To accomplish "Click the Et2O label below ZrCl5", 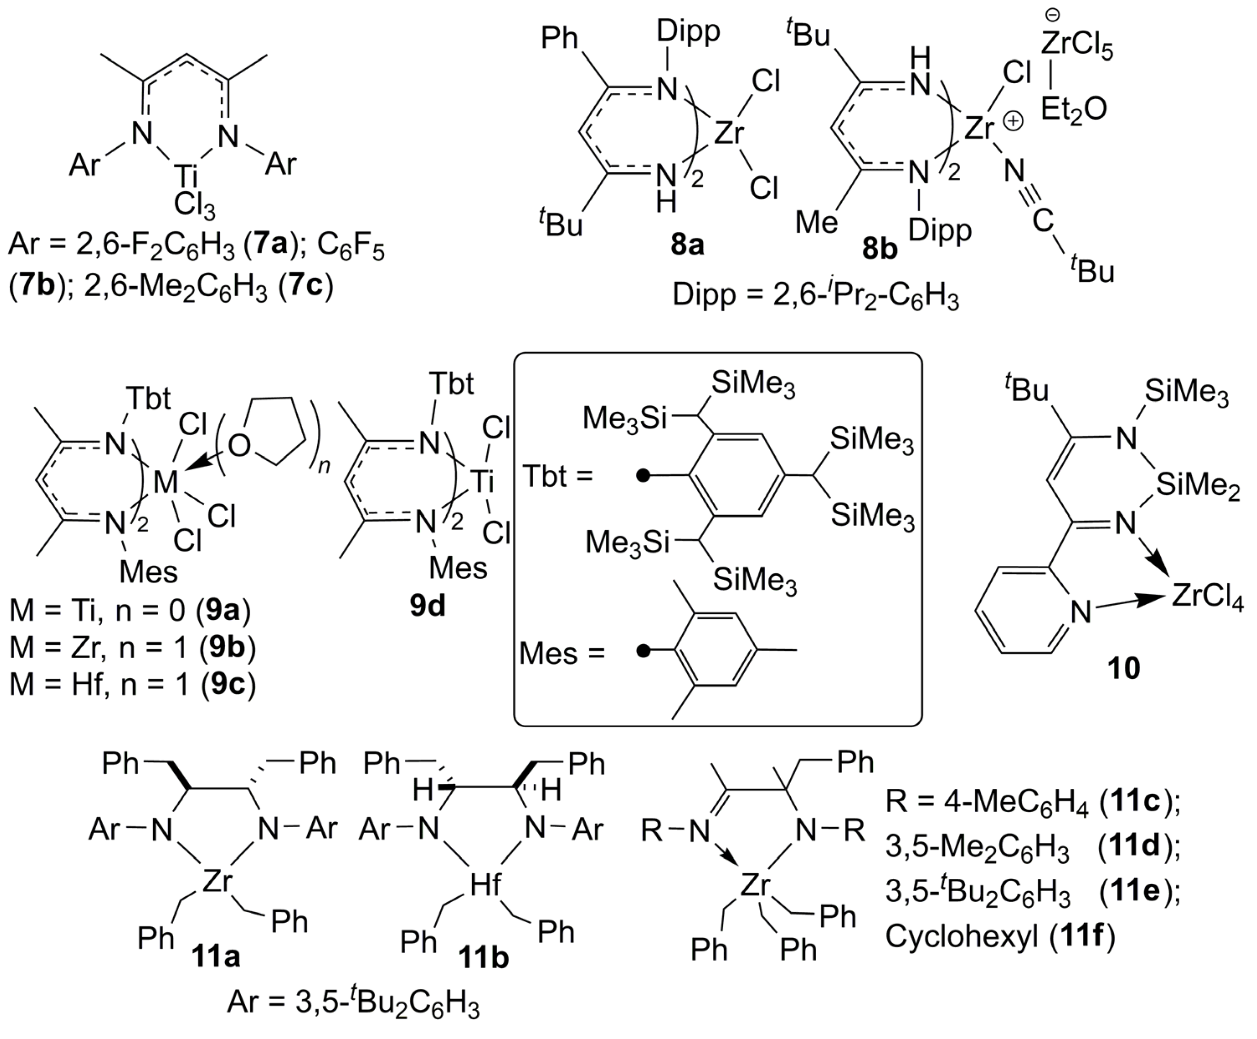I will pyautogui.click(x=1074, y=110).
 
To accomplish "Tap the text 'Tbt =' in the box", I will pyautogui.click(x=558, y=477).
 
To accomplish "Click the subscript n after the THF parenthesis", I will pyautogui.click(x=324, y=466).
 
